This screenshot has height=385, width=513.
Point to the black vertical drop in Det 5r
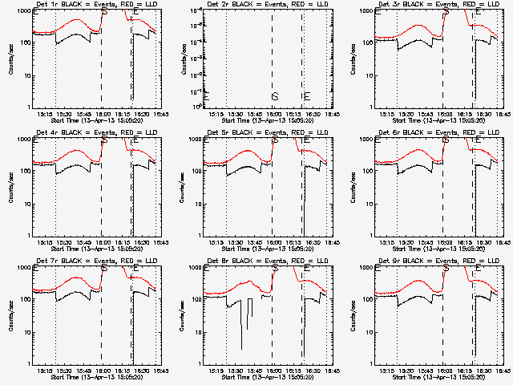304,201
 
